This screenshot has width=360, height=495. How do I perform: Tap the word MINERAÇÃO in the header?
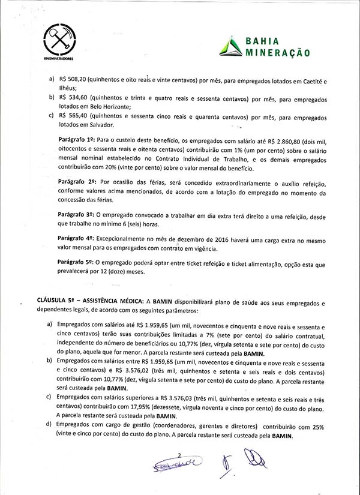coord(278,53)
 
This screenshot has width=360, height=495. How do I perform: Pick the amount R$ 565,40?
coord(73,116)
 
